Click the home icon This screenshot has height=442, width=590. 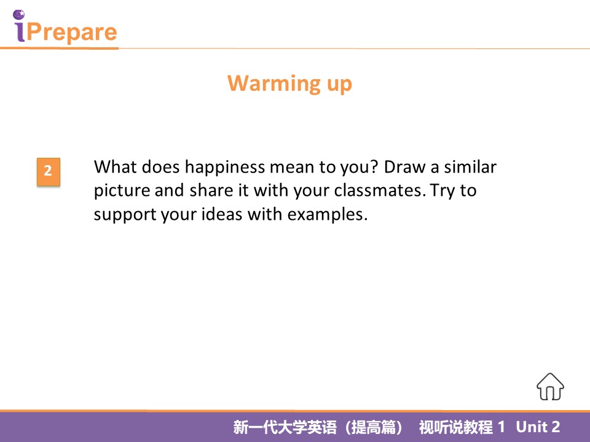click(x=550, y=387)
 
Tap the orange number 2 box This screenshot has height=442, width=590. click(x=49, y=172)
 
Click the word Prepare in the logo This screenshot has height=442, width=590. click(x=72, y=32)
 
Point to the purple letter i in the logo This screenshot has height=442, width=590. click(x=19, y=26)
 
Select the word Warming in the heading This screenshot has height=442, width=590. click(x=274, y=84)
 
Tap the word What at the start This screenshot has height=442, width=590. click(x=115, y=166)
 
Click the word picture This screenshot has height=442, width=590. click(x=122, y=191)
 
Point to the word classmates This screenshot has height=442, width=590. click(x=380, y=190)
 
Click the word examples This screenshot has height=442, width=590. click(x=328, y=215)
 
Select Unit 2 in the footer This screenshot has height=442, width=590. click(x=538, y=427)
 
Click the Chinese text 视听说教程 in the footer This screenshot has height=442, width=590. click(x=455, y=427)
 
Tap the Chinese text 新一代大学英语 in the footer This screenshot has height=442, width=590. click(x=285, y=427)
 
